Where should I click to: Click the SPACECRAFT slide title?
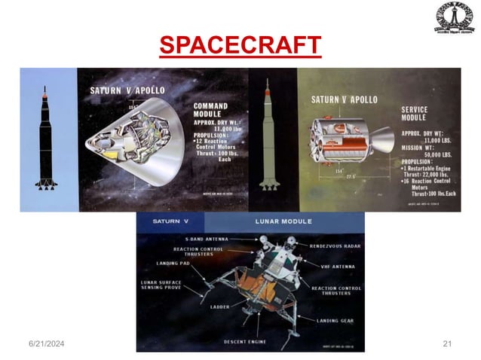(240, 45)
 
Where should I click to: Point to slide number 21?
(446, 343)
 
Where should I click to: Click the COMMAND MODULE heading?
(210, 110)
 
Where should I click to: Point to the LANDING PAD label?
(174, 263)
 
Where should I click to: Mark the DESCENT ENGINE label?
(245, 341)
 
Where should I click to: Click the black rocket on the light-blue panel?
(45, 139)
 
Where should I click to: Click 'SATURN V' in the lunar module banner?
(167, 221)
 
